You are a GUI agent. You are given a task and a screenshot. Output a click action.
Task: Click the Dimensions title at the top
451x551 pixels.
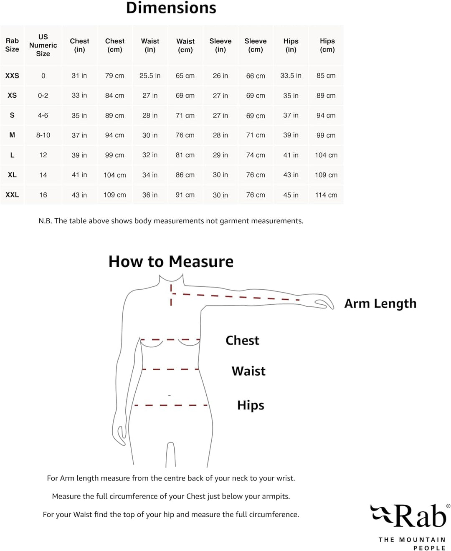coord(171,8)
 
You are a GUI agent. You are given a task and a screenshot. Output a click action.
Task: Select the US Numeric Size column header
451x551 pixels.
coord(43,45)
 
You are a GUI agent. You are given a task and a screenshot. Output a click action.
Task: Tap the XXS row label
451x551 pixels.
coord(12,76)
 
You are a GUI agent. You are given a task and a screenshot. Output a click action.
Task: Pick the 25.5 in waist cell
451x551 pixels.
coord(150,76)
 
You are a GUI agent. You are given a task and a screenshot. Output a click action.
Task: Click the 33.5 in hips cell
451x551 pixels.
coord(291,76)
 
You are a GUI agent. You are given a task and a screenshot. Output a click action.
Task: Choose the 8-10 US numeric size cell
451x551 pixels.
coord(43,135)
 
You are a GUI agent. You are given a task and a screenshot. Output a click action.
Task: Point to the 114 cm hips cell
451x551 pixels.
coord(326,195)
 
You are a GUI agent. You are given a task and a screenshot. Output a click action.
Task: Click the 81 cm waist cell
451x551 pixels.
coord(185,155)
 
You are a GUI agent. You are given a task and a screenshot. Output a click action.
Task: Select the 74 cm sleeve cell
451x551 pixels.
coord(256,155)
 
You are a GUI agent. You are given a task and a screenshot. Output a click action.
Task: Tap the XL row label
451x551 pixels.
coord(12,175)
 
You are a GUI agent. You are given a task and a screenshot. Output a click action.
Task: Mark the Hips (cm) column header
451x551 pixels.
coord(327,45)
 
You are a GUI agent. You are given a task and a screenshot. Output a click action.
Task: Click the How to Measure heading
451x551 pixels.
coord(171,262)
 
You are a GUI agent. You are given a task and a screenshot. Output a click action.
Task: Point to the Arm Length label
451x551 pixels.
coord(380,303)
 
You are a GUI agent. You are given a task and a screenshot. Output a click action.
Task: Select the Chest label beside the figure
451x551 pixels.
coord(242,341)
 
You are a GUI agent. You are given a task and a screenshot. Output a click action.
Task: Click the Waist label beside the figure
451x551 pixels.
coord(248,371)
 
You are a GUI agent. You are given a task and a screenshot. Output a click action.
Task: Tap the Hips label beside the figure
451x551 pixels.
coord(251,405)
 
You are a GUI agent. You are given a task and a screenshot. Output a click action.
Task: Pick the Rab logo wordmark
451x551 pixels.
coord(420,516)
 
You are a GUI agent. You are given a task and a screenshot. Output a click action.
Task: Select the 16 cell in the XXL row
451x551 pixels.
coord(43,195)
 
